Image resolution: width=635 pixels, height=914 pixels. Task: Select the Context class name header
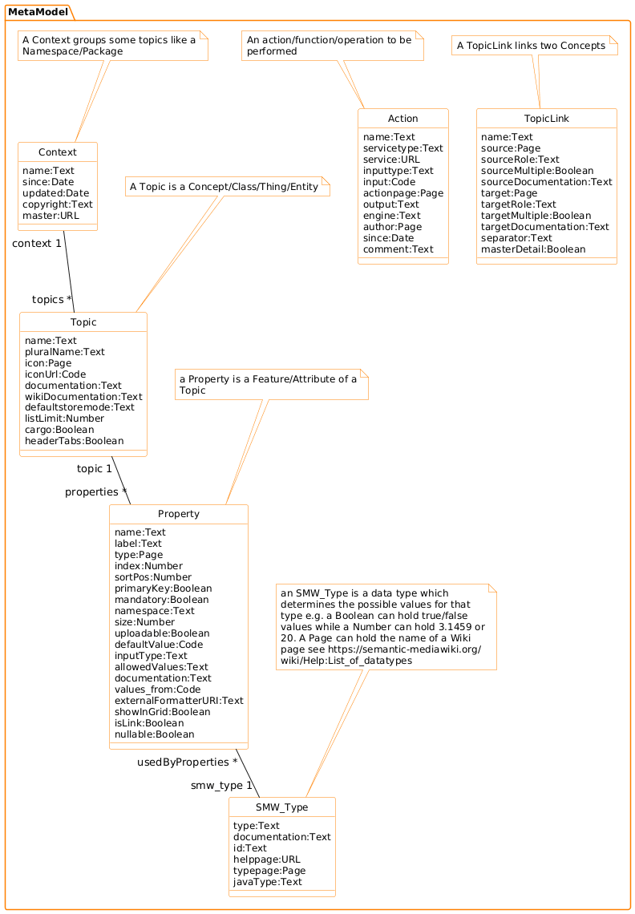[58, 152]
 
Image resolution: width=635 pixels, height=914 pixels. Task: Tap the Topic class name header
[83, 322]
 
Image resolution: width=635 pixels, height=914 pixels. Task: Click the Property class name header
[179, 514]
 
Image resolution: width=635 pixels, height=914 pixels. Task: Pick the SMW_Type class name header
[282, 807]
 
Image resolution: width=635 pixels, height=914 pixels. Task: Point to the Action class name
[402, 119]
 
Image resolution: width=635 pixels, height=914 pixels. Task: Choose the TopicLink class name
[547, 119]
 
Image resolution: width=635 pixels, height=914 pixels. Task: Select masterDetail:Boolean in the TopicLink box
[533, 249]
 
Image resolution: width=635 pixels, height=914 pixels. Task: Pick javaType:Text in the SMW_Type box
[267, 882]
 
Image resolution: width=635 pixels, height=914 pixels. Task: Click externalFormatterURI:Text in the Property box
[179, 701]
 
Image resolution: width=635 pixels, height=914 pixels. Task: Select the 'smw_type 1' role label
[221, 786]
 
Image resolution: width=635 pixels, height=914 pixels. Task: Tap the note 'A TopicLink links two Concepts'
[531, 47]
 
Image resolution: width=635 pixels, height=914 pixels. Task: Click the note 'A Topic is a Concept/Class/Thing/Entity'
[229, 187]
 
